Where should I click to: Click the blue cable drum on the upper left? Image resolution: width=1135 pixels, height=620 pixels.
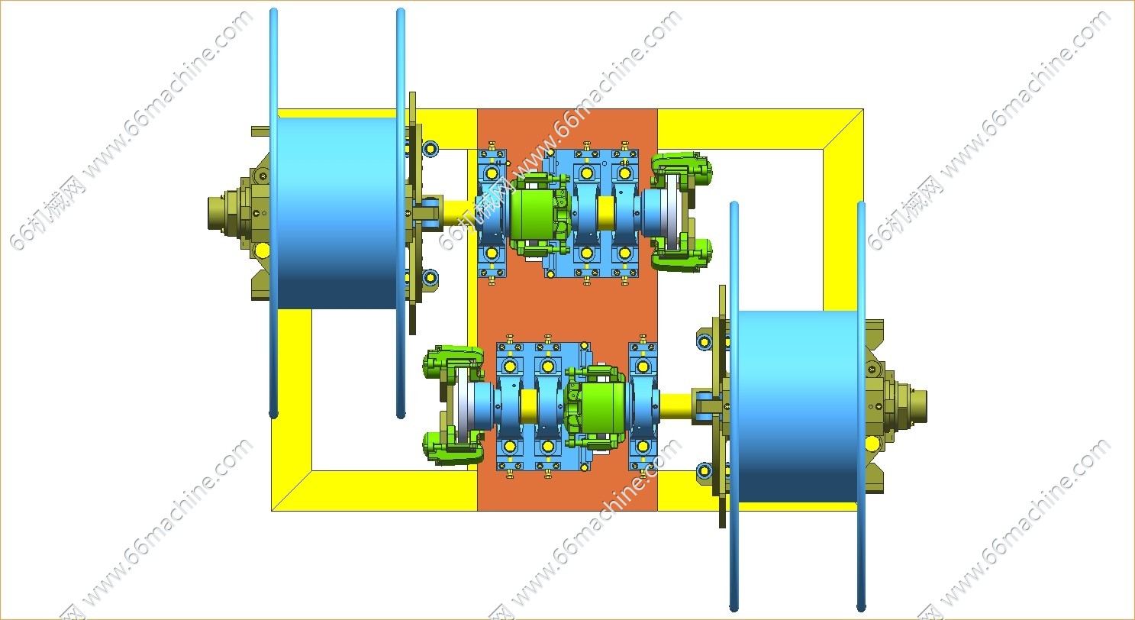[336, 214]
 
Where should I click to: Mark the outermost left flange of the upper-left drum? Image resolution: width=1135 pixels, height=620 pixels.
[274, 214]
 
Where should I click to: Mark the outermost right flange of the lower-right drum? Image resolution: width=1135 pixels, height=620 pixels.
[862, 405]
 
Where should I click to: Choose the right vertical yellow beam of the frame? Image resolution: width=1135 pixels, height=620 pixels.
[843, 229]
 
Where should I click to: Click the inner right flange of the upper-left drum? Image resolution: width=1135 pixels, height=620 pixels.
[401, 214]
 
